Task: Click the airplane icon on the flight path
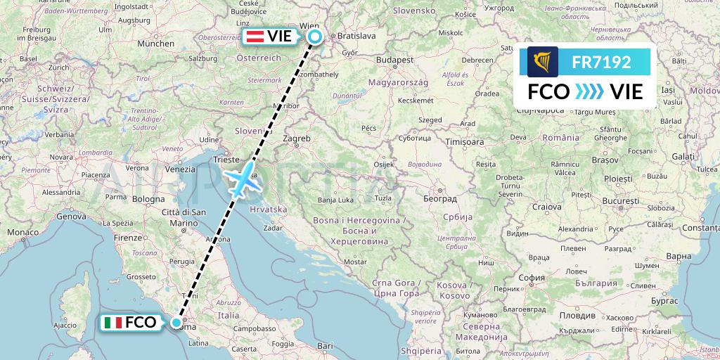pos(240,181)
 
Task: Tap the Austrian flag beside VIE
pos(254,37)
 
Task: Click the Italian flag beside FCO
pos(112,323)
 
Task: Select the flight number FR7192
pos(600,62)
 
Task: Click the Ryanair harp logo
pos(542,62)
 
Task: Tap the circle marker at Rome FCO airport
pos(176,323)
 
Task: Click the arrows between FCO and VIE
pos(589,91)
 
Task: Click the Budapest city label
pos(394,60)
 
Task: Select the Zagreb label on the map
pos(296,139)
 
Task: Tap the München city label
pos(156,44)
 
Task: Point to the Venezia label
pos(181,169)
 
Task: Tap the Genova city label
pos(70,217)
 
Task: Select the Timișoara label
pos(465,142)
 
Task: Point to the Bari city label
pos(324,346)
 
